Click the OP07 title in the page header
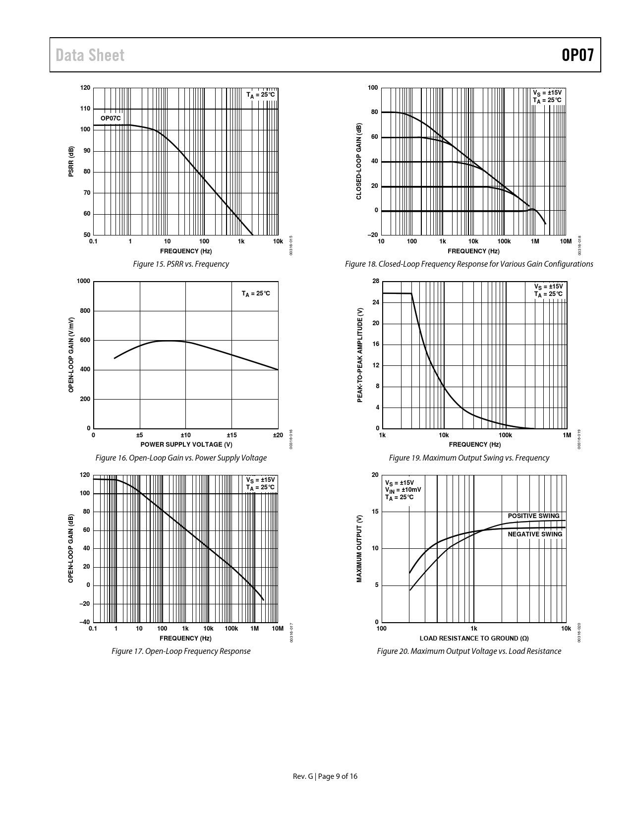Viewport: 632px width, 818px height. tap(577, 55)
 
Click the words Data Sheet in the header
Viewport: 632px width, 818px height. tap(90, 55)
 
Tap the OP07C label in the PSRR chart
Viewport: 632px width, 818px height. tap(111, 118)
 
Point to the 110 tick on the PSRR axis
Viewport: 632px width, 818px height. tap(85, 109)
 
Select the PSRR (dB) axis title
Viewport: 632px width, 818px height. tap(71, 162)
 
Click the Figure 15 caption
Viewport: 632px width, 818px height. tap(181, 264)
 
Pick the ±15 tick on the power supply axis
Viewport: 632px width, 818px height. tap(231, 435)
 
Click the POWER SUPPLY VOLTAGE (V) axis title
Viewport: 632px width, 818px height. tap(186, 444)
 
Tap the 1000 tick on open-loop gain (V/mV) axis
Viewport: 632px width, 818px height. tap(84, 282)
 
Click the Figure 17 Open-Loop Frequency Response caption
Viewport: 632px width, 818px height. tap(181, 651)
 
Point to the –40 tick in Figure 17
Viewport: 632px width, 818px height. tap(85, 622)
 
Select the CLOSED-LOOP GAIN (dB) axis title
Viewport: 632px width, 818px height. tap(359, 162)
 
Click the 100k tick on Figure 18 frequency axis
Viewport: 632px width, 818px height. tap(504, 241)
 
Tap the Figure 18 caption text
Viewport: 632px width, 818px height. tap(469, 264)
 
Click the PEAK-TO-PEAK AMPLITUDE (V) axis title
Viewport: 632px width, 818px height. tap(360, 355)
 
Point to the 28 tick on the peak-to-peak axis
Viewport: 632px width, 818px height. tap(376, 282)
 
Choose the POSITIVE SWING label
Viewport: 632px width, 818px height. tap(533, 516)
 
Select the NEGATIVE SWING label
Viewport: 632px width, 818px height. tap(535, 534)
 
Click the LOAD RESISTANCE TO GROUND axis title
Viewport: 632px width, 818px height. tap(474, 638)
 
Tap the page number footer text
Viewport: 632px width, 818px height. tap(325, 776)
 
